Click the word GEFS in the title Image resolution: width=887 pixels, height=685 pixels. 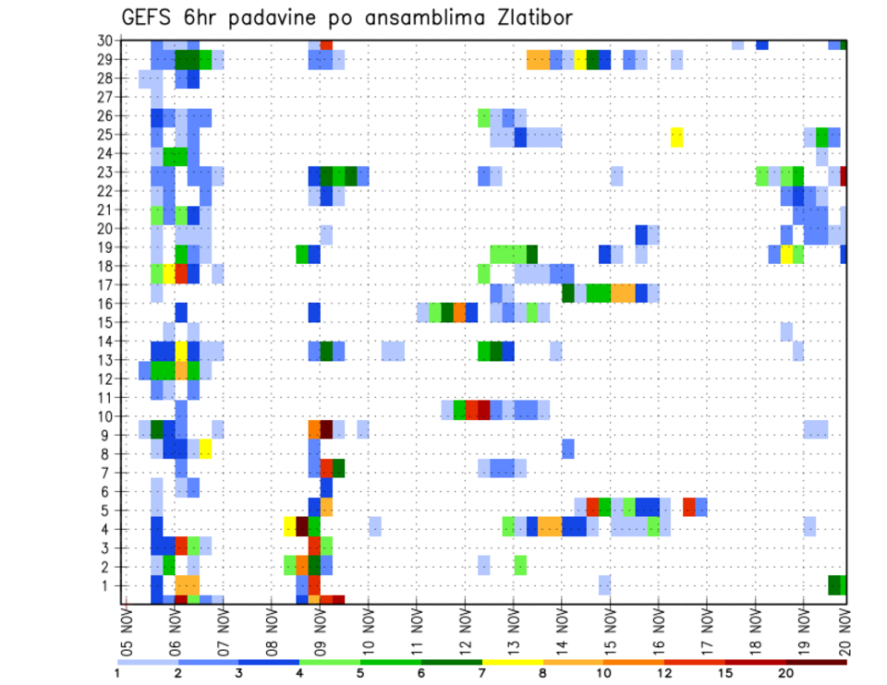pyautogui.click(x=150, y=18)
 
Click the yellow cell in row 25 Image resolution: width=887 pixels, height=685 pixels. pyautogui.click(x=676, y=137)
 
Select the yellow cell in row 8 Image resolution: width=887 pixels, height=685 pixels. pyautogui.click(x=205, y=449)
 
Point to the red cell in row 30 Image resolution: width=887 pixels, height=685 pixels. pyautogui.click(x=326, y=44)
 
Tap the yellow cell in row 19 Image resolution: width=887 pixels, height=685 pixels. pyautogui.click(x=787, y=254)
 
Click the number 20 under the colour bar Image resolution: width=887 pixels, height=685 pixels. pyautogui.click(x=785, y=672)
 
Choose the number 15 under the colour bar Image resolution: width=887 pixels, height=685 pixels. pyautogui.click(x=725, y=672)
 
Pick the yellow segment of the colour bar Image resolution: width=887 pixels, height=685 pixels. pyautogui.click(x=512, y=661)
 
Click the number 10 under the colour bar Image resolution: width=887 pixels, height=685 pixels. pyautogui.click(x=603, y=672)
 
